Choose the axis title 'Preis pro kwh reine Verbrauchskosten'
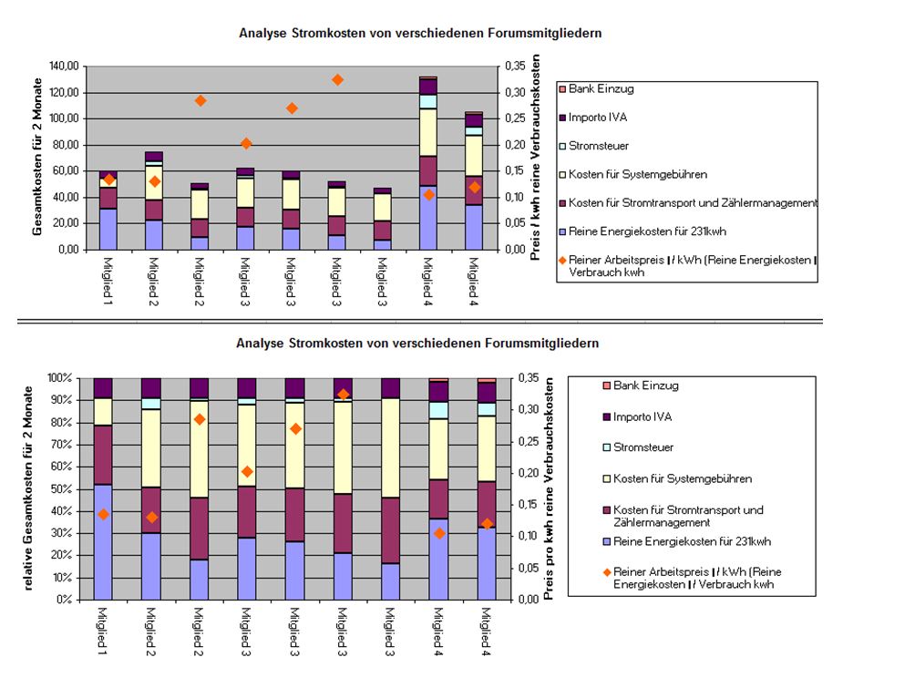point(550,488)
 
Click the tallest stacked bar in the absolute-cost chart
point(428,163)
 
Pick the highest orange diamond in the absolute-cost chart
point(337,80)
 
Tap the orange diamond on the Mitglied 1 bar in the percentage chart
point(103,515)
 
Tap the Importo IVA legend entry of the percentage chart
point(645,416)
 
